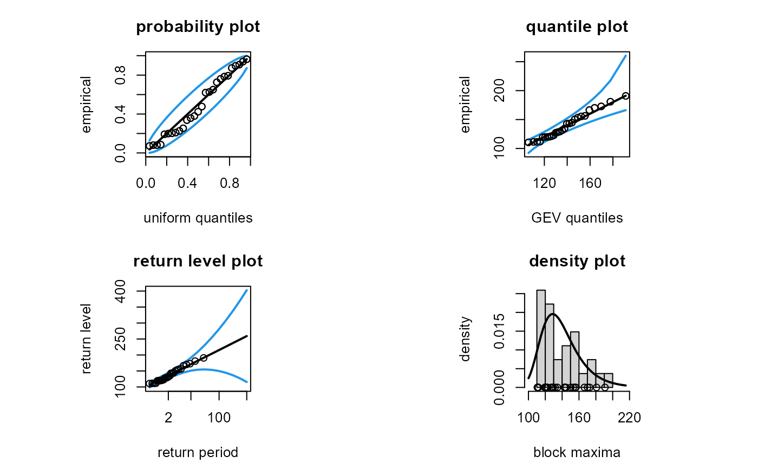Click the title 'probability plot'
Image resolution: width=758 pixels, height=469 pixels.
point(198,27)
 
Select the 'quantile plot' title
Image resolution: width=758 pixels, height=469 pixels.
point(577,27)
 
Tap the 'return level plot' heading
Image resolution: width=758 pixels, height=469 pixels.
point(198,262)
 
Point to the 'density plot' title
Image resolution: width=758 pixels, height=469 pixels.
point(577,262)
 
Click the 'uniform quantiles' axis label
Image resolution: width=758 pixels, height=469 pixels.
point(198,218)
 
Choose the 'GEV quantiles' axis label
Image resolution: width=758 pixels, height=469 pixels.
point(577,218)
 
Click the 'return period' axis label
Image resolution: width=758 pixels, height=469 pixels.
point(198,453)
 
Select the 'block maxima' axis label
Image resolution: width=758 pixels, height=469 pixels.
point(577,453)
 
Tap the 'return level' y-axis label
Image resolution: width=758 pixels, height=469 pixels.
point(87,339)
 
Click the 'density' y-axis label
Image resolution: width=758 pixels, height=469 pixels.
point(465,339)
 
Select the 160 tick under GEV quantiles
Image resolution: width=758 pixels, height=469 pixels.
point(590,184)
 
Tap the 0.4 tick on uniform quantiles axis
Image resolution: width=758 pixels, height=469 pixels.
point(187,184)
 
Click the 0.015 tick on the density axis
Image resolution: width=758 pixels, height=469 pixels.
point(501,331)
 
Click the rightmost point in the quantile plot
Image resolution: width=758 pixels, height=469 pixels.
point(625,96)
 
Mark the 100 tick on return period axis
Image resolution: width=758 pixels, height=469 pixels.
point(219,418)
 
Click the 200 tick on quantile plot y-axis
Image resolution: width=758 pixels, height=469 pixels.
point(501,90)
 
